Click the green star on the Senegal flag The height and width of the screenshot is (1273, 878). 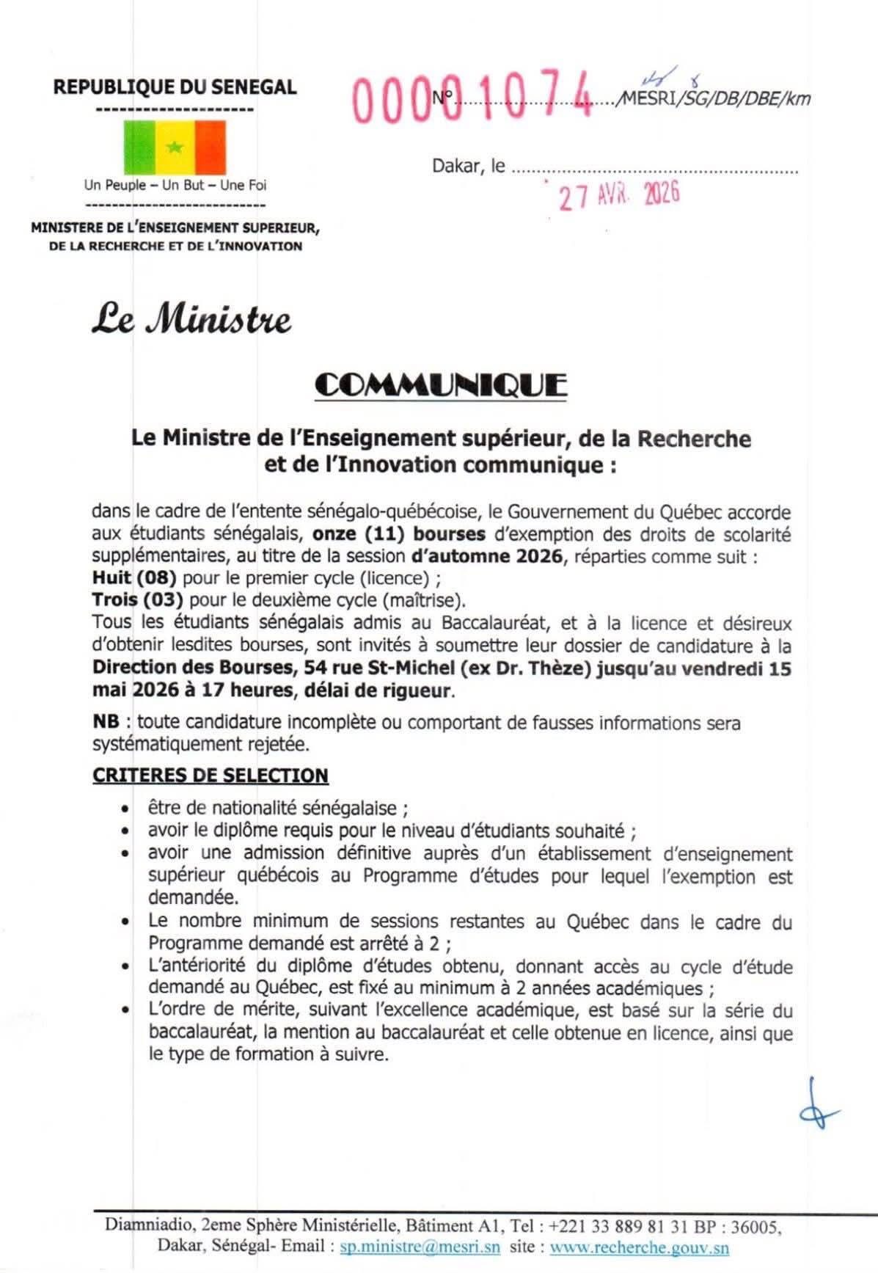point(175,147)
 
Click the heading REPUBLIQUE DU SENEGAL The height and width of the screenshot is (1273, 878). point(175,87)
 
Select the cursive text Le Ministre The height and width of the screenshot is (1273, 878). point(191,320)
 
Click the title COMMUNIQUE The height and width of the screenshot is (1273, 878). point(440,385)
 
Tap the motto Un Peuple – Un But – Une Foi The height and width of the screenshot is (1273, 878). point(175,186)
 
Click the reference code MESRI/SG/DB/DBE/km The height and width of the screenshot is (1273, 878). point(716,98)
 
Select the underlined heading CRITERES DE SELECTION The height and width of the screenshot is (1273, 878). point(211,776)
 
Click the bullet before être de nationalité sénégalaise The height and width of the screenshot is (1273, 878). point(126,810)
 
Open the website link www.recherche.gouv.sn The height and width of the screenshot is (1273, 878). point(639,1246)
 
